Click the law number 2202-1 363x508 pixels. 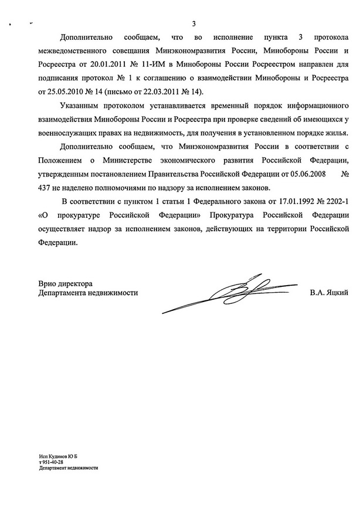coord(330,202)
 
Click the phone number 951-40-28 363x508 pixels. coord(55,462)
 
